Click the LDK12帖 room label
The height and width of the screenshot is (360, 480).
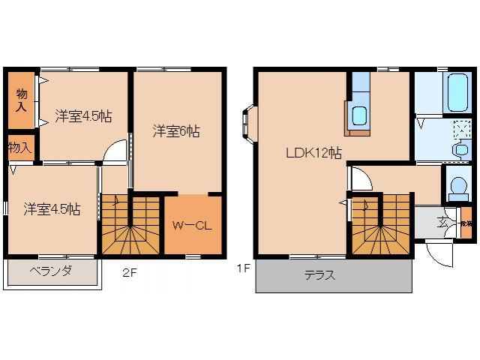coord(313,153)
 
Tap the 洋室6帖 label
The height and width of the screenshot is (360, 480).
coord(177,130)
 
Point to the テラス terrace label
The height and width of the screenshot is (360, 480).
coord(319,275)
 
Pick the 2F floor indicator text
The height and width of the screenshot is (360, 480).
coord(130,272)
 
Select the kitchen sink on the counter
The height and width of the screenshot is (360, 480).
coord(358,116)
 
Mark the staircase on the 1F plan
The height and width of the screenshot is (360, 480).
coord(381,223)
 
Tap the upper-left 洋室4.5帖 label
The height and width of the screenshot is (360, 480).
coord(82,116)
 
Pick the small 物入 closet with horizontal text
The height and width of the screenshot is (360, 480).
coord(20,147)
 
